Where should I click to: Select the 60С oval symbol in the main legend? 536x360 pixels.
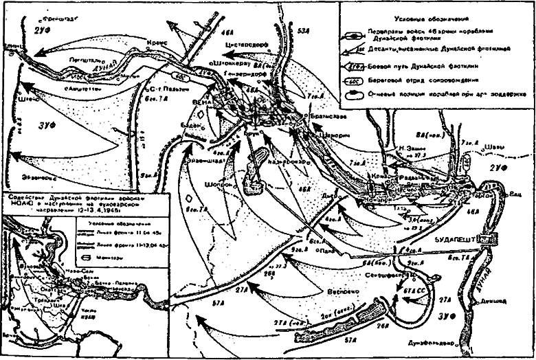pyautogui.click(x=356, y=80)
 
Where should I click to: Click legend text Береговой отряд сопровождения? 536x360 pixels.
pyautogui.click(x=433, y=80)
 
